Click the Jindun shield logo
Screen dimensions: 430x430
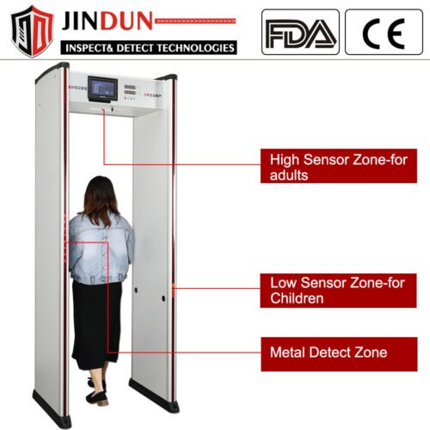coord(32,31)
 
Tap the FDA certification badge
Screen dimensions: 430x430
coord(300,32)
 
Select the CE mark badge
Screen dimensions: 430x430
coord(384,32)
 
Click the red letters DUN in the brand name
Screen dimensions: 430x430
coord(126,21)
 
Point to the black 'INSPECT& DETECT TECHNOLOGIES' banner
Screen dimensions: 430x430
coord(149,47)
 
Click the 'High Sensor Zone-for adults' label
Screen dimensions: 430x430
coord(339,166)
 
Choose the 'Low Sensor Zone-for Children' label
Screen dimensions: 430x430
coord(338,291)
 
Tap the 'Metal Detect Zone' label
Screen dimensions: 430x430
coord(339,354)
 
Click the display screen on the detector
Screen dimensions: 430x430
coord(102,89)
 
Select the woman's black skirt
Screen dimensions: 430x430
coord(96,325)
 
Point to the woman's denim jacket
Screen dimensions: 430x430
coord(101,249)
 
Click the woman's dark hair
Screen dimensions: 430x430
coord(99,200)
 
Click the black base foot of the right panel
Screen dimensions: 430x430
coord(154,396)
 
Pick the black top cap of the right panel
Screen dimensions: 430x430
coord(166,77)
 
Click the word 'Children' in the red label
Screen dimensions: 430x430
coord(297,298)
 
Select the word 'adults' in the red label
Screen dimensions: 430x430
coord(289,175)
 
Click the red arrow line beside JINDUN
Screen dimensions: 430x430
coord(195,21)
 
